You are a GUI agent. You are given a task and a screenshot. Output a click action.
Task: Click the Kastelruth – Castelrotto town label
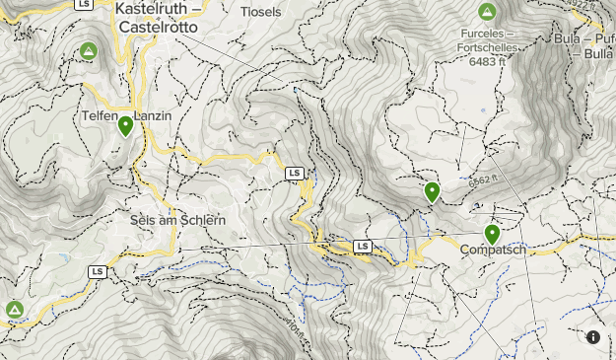click(x=157, y=19)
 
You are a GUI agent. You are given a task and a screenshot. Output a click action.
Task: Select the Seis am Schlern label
click(x=178, y=220)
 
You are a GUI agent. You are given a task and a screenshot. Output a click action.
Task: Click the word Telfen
click(x=99, y=116)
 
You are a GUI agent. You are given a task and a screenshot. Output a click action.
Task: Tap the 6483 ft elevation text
click(x=487, y=60)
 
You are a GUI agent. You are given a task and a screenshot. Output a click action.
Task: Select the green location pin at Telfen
click(x=126, y=126)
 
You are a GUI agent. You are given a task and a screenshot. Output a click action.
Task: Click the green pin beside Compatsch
click(x=492, y=235)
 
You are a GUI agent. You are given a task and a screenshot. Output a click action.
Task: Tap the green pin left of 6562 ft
click(x=432, y=192)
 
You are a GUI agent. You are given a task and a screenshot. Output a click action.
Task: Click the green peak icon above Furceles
click(x=486, y=13)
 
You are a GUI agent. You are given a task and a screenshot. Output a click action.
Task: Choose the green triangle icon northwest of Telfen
click(x=89, y=51)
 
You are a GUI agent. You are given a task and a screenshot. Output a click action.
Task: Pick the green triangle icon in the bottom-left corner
click(x=15, y=310)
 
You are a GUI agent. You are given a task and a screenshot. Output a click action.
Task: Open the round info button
click(x=593, y=337)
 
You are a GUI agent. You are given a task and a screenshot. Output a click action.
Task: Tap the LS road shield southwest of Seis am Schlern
click(x=97, y=271)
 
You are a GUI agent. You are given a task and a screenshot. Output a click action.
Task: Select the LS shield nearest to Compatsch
click(x=363, y=246)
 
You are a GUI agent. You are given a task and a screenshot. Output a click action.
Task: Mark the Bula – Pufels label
click(x=585, y=45)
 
